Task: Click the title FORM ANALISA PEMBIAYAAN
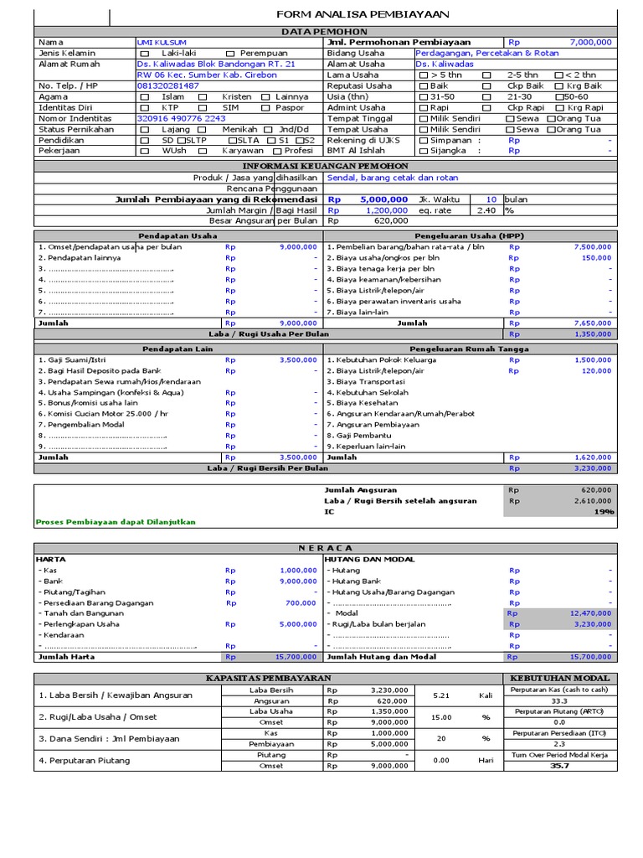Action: pyautogui.click(x=363, y=14)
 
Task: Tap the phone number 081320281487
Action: pyautogui.click(x=167, y=85)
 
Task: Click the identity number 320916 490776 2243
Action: pyautogui.click(x=181, y=118)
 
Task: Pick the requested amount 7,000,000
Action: pyautogui.click(x=590, y=42)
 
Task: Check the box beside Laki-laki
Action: pyautogui.click(x=143, y=53)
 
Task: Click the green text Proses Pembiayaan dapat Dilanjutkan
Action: pyautogui.click(x=115, y=522)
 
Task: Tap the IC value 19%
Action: pyautogui.click(x=604, y=511)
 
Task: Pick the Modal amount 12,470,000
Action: pyautogui.click(x=590, y=613)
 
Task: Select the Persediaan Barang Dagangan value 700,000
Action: pyautogui.click(x=300, y=602)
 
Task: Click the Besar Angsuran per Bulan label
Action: pyautogui.click(x=263, y=222)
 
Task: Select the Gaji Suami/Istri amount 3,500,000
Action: pyautogui.click(x=298, y=359)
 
